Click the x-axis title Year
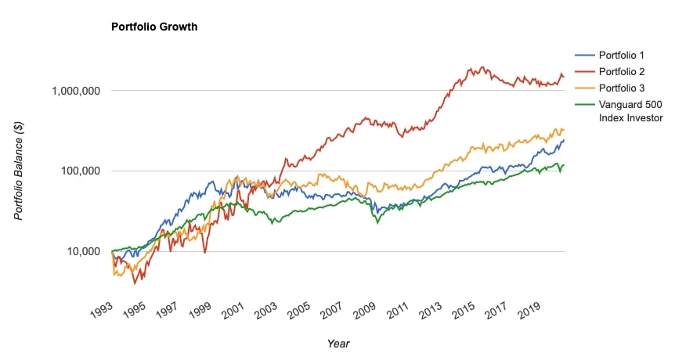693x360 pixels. (x=338, y=343)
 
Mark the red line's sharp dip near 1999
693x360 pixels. (x=205, y=252)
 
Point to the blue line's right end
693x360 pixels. (x=563, y=140)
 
